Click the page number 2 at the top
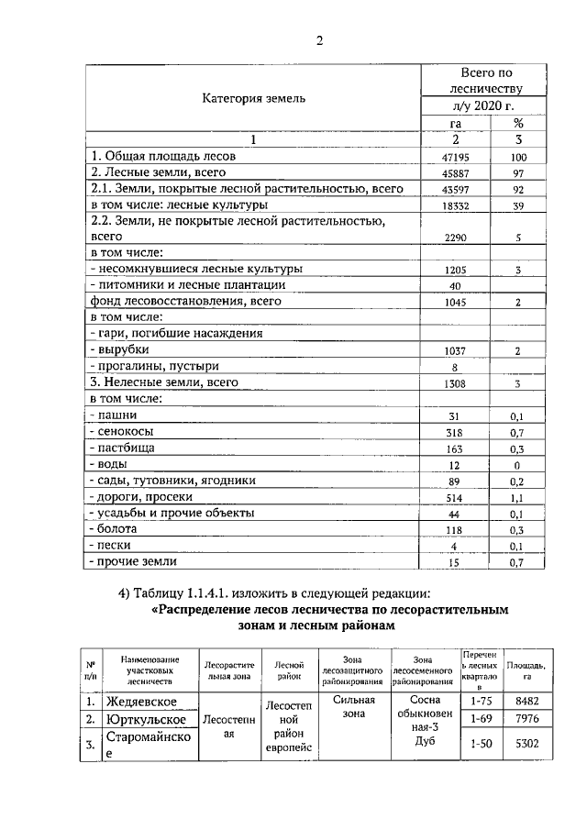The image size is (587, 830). (320, 39)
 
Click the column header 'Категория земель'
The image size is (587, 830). (254, 97)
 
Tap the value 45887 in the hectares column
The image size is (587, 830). (455, 173)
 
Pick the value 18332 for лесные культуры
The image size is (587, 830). (455, 206)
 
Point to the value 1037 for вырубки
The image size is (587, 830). (455, 350)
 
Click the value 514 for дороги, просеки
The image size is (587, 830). (455, 497)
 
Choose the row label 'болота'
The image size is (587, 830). (115, 529)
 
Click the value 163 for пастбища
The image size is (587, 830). (455, 448)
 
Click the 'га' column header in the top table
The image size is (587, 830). (455, 123)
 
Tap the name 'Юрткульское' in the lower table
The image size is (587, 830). (147, 720)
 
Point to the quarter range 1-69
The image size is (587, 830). (482, 720)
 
